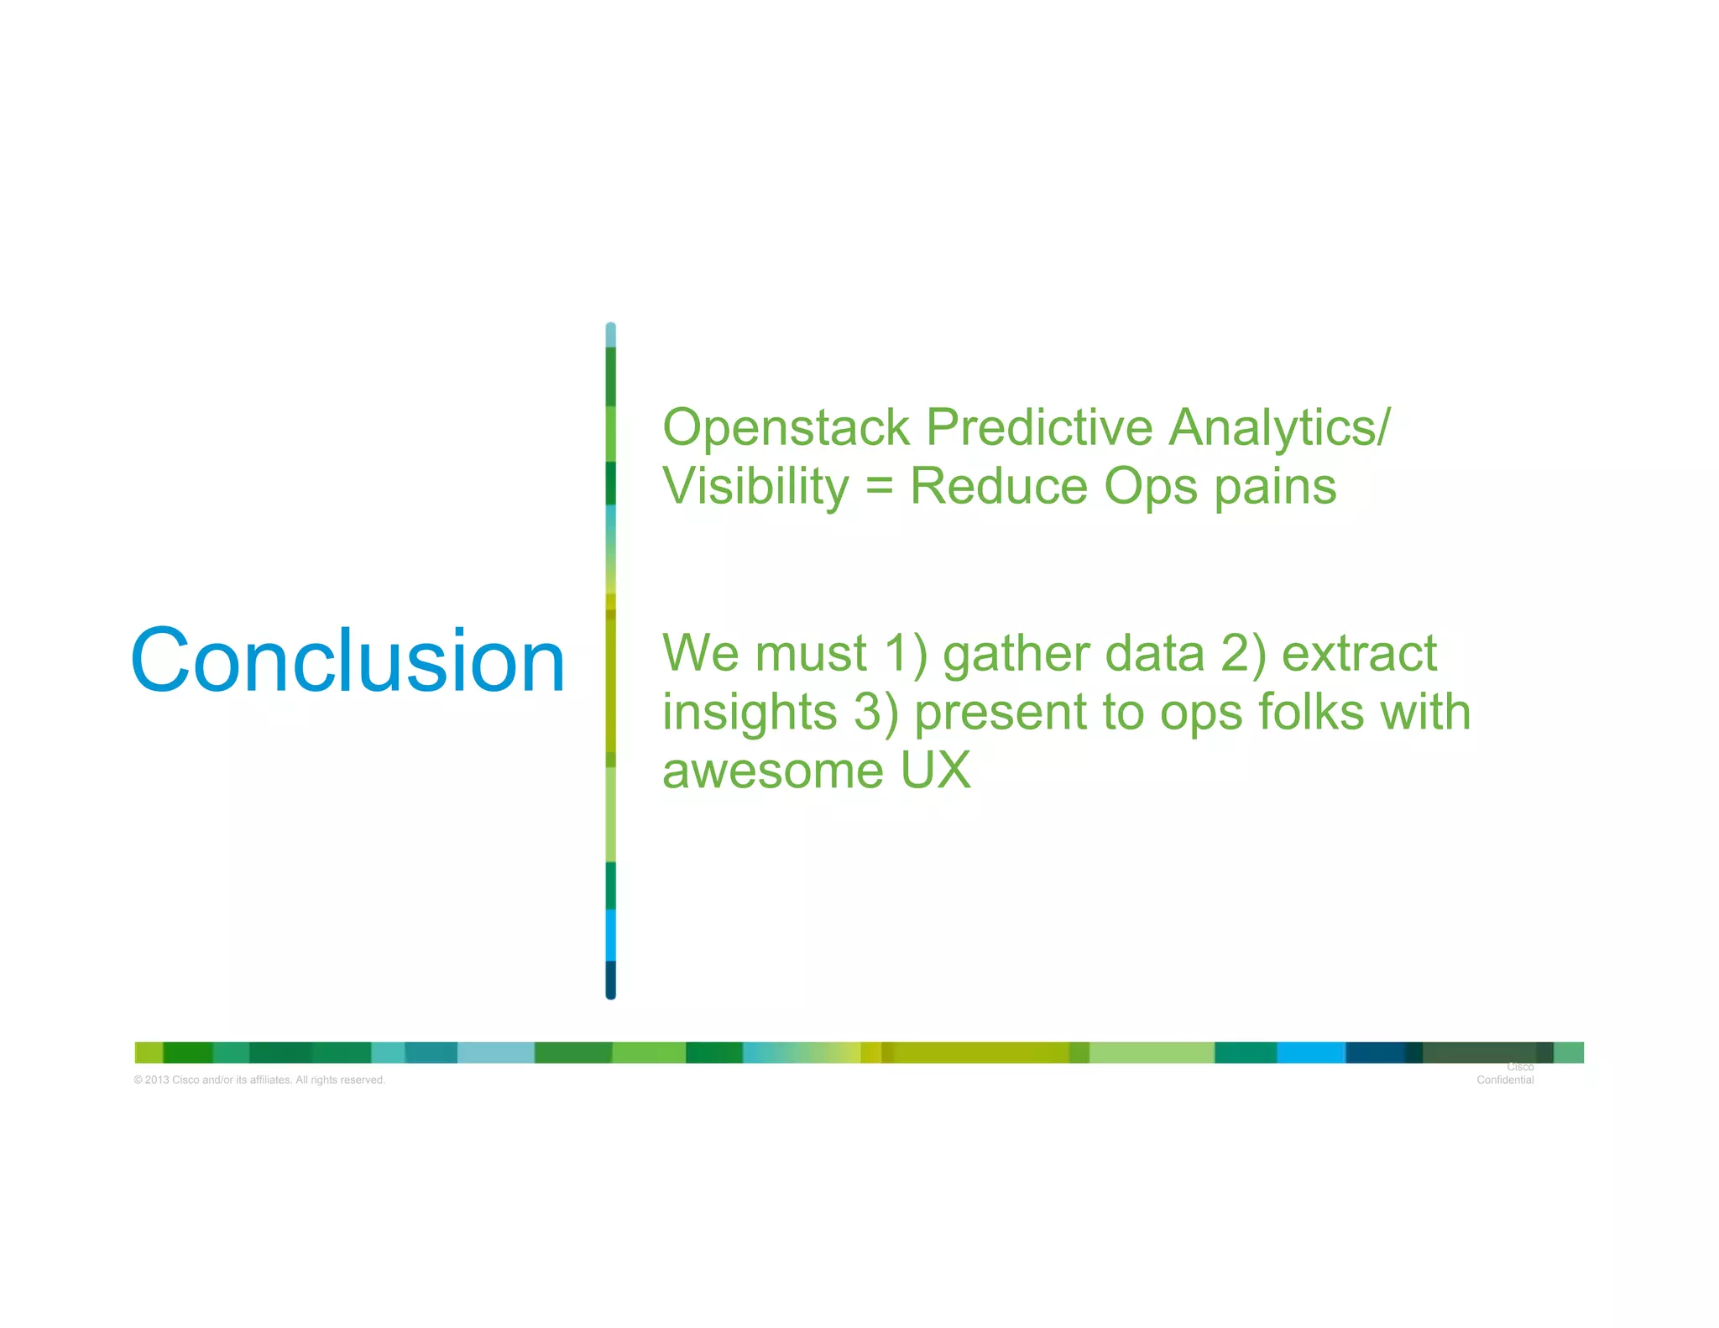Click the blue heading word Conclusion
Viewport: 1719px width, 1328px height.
347,661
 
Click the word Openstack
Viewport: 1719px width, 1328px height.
786,427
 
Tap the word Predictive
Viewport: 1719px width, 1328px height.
1039,427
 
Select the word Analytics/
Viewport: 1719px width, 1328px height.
1279,427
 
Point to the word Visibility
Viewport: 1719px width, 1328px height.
755,487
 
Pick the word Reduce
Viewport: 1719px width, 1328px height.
998,486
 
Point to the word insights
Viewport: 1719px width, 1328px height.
750,712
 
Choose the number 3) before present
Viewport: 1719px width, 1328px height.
876,712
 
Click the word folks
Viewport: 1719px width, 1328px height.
1311,712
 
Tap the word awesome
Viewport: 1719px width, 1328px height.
772,771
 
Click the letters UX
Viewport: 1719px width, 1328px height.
935,770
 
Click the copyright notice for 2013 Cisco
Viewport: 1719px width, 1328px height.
259,1080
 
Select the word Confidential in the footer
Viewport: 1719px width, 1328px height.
1505,1080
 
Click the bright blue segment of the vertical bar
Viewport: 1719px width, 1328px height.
610,934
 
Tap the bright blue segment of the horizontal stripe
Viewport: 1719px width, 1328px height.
1311,1053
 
